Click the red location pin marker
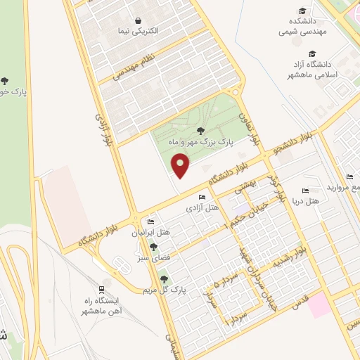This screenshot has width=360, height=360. tap(182, 165)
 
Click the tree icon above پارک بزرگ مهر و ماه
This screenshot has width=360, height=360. tap(201, 130)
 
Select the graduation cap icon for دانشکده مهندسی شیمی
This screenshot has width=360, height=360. tap(303, 11)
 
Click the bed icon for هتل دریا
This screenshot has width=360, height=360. tap(304, 191)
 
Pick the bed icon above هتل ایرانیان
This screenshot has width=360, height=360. tap(150, 221)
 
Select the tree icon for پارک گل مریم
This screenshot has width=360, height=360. tap(165, 279)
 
